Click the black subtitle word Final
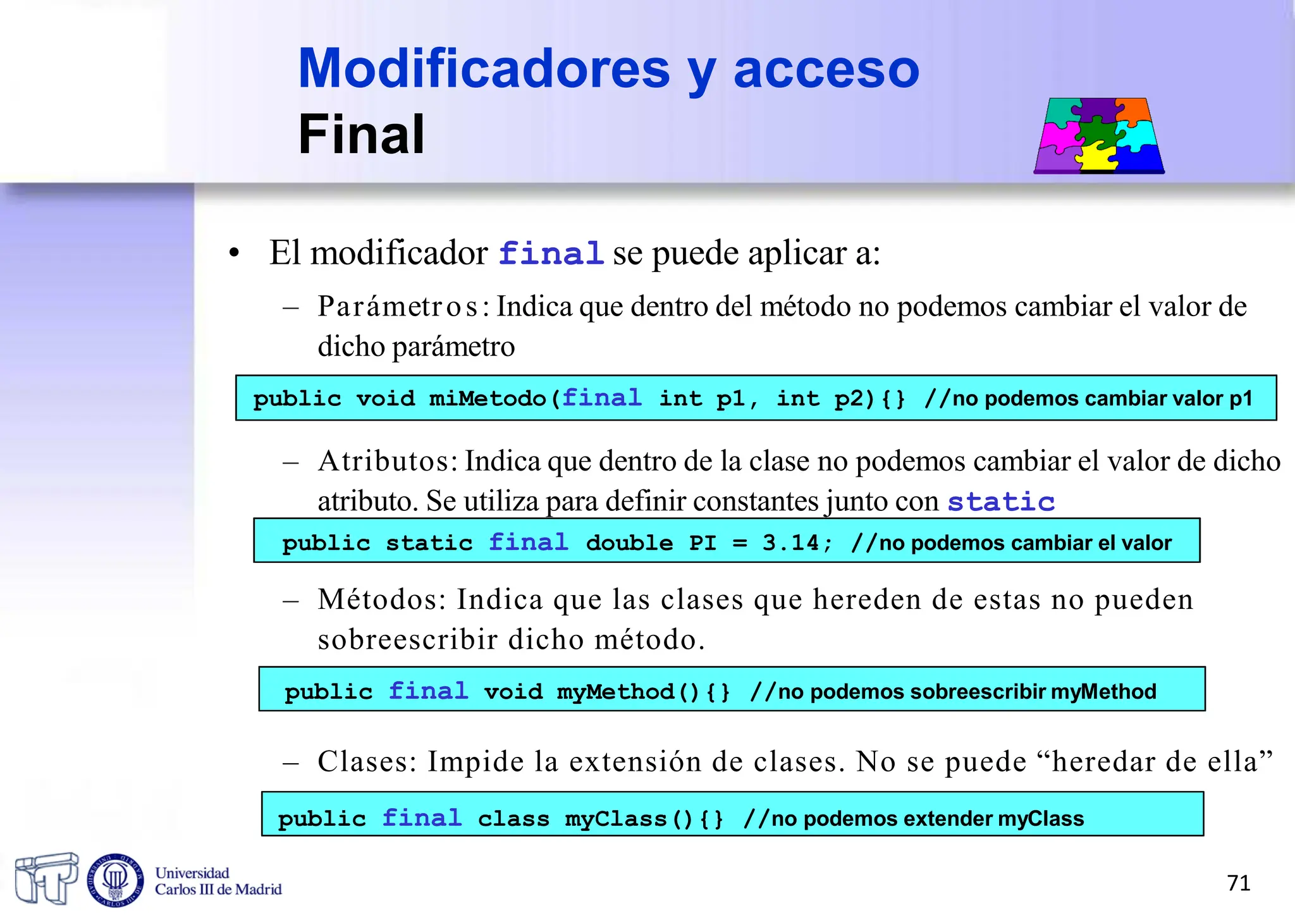[361, 134]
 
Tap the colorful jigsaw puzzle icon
[1099, 135]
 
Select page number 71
[1239, 883]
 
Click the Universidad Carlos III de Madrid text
[218, 881]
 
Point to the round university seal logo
[115, 880]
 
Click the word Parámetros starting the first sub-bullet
[398, 307]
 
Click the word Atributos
[387, 461]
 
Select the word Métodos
[382, 599]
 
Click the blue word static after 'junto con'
[1001, 502]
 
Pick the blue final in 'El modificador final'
[551, 254]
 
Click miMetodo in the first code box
[488, 399]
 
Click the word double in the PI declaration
[629, 543]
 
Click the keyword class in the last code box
[513, 820]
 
